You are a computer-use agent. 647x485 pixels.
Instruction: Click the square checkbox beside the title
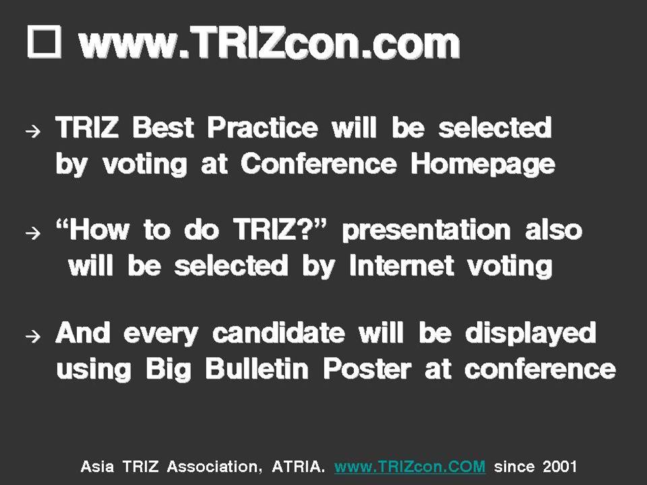pos(44,42)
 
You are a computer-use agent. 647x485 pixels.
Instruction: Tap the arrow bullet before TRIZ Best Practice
pos(33,131)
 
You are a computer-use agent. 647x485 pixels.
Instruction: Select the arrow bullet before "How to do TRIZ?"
pos(33,234)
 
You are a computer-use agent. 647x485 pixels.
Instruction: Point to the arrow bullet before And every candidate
pos(33,336)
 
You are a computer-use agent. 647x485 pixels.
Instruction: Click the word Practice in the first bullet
pos(262,127)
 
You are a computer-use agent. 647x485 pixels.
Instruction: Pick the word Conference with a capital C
pos(319,164)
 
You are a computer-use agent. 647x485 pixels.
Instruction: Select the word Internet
pos(401,265)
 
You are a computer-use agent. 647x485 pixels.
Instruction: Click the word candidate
pos(278,333)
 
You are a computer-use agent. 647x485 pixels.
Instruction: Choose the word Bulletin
pos(257,368)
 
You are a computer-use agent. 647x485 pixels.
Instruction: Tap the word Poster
pos(367,368)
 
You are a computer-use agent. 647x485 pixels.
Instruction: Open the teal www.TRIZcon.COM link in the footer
pos(410,467)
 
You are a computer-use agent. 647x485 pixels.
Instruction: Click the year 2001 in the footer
pos(559,467)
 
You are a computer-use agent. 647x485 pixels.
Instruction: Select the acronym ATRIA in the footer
pos(299,467)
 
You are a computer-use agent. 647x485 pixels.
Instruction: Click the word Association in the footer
pos(214,467)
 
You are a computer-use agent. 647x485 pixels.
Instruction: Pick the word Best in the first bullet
pos(163,127)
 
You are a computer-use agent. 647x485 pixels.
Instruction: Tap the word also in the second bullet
pos(553,230)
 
